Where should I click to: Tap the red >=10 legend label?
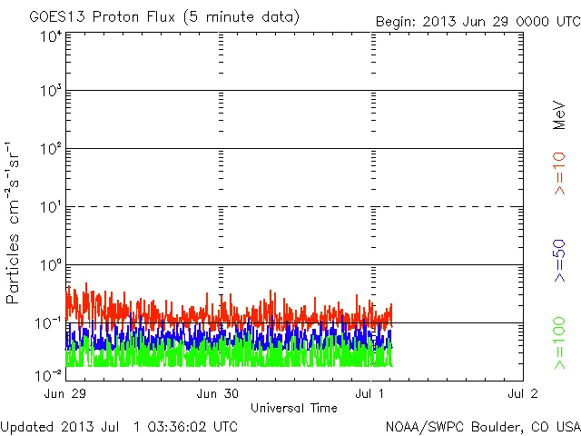pyautogui.click(x=560, y=173)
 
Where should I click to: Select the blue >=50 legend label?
pyautogui.click(x=560, y=261)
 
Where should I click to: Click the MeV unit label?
pyautogui.click(x=560, y=114)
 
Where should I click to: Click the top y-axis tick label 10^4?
pyautogui.click(x=51, y=36)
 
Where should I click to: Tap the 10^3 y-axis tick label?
pyautogui.click(x=51, y=92)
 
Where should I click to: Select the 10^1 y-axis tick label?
pyautogui.click(x=51, y=208)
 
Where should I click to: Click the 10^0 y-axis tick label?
pyautogui.click(x=51, y=266)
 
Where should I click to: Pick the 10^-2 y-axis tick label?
pyautogui.click(x=49, y=375)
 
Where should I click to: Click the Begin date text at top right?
pyautogui.click(x=476, y=21)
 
